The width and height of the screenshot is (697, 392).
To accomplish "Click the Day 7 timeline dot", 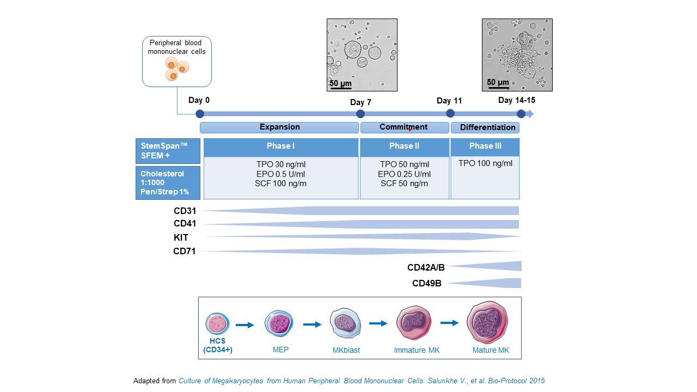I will (360, 114).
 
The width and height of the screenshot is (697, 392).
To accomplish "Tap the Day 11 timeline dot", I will (450, 113).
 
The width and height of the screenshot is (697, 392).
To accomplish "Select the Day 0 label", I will (199, 100).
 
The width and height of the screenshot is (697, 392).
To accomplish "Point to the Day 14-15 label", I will (517, 100).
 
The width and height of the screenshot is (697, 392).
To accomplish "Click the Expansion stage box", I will (279, 127).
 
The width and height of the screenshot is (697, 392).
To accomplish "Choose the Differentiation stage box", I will (485, 127).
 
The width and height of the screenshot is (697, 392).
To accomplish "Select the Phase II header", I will (404, 146).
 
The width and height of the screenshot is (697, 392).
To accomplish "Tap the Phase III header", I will (485, 146).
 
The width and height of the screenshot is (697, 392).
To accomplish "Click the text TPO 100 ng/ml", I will (485, 163).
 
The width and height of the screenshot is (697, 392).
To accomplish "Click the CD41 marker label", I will (185, 224).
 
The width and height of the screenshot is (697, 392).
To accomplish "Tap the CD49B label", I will (427, 283).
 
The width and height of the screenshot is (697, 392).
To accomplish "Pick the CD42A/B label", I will (426, 268).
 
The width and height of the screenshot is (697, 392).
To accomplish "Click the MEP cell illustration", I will (279, 324).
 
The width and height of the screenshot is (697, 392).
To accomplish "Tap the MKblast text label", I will (346, 350).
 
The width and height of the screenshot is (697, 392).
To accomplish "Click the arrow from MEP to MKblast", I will (312, 324).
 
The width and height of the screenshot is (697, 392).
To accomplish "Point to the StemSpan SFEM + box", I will (168, 151).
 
